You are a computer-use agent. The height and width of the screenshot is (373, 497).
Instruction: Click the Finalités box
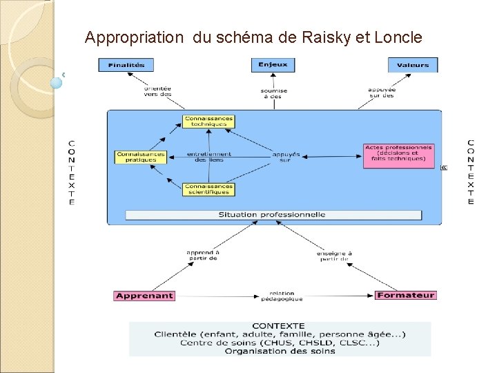click(126, 65)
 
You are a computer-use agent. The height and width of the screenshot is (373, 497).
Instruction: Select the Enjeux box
click(273, 65)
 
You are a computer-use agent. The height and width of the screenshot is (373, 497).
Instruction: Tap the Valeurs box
click(413, 65)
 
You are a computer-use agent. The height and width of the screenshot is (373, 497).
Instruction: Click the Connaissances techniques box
click(208, 122)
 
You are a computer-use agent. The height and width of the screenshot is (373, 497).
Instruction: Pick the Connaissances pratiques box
click(140, 157)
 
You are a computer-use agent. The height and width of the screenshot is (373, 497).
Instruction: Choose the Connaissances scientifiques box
click(208, 189)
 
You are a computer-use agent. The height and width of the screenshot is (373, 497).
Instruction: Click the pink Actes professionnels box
click(398, 155)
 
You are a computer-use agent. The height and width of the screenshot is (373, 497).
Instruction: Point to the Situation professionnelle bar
click(273, 215)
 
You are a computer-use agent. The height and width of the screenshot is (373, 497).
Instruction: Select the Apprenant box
click(144, 296)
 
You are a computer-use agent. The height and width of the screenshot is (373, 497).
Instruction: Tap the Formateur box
click(406, 296)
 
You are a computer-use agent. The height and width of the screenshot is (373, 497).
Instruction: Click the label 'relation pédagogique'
click(282, 296)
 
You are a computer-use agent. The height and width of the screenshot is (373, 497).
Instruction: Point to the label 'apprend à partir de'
click(202, 256)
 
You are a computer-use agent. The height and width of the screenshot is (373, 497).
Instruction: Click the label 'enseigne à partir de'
click(334, 256)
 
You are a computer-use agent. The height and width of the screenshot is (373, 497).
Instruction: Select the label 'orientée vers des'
click(157, 91)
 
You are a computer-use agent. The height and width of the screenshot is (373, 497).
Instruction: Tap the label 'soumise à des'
click(273, 93)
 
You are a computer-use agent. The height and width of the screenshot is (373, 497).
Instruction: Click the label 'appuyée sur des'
click(381, 92)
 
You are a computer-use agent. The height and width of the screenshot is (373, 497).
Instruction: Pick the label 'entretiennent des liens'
click(209, 157)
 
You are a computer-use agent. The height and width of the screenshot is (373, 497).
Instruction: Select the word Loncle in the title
click(398, 37)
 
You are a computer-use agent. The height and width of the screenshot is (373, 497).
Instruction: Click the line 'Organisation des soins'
click(280, 351)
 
